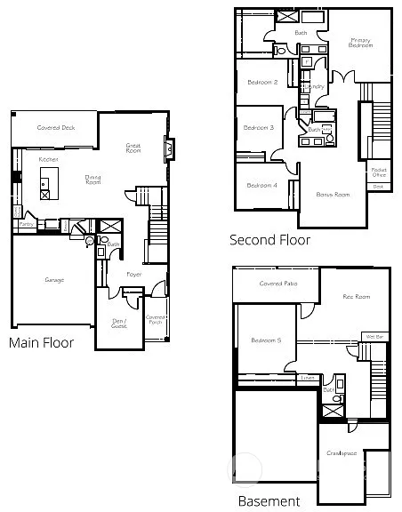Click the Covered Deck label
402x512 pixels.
55,127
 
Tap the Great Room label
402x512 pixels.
133,148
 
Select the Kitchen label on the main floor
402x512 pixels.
49,159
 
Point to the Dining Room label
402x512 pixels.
92,179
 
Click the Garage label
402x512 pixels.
54,279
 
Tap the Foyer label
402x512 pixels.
133,275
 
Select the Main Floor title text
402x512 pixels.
41,342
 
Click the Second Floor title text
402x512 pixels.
269,239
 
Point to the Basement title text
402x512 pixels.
269,501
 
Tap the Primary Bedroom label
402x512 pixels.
359,42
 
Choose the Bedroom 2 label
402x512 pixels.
262,83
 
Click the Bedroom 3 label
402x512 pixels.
259,128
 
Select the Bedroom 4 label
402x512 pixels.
261,185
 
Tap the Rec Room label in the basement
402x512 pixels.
357,297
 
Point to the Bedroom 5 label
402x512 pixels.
266,340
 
